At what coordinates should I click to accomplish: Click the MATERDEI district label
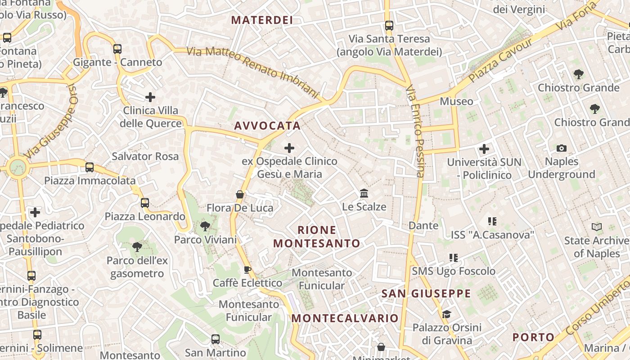coord(262,20)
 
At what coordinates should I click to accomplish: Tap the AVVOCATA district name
coord(267,126)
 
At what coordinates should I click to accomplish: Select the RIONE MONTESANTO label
coord(317,237)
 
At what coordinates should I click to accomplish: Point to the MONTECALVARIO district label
coord(345,319)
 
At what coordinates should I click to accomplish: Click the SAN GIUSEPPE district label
coord(426,294)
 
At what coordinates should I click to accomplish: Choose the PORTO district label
coord(534,337)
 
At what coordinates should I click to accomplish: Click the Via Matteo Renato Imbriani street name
coord(253,72)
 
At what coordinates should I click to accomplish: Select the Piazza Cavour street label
coord(500,60)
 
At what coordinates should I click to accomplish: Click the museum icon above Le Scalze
coord(364,193)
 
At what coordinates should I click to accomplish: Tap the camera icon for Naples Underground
coord(562,148)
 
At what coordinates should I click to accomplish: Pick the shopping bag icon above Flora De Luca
coord(240,194)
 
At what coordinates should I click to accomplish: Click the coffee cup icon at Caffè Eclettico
coord(247,270)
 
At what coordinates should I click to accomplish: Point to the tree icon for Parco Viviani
coord(205,226)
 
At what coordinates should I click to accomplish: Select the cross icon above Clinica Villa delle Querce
coord(150,97)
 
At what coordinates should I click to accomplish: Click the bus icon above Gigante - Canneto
coord(117,49)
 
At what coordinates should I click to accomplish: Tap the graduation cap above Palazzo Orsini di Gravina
coord(446,314)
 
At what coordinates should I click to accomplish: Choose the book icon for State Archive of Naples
coord(597,227)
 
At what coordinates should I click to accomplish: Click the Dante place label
coord(423,225)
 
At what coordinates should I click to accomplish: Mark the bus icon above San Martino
coord(216,339)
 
